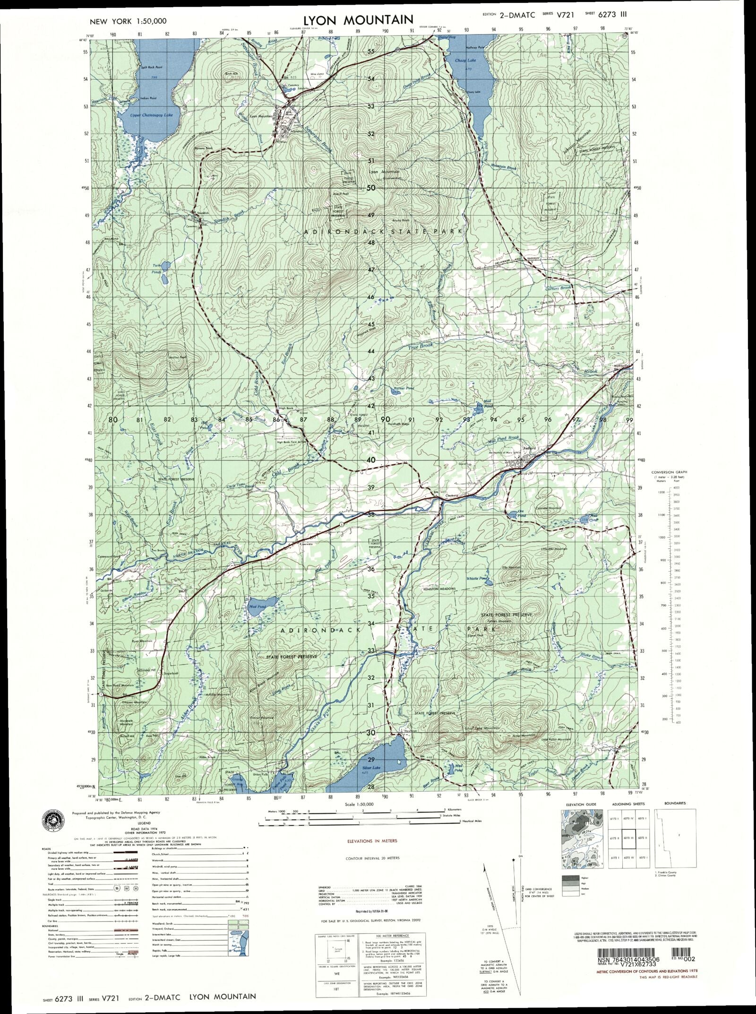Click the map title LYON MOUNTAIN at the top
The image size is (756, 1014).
358,20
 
